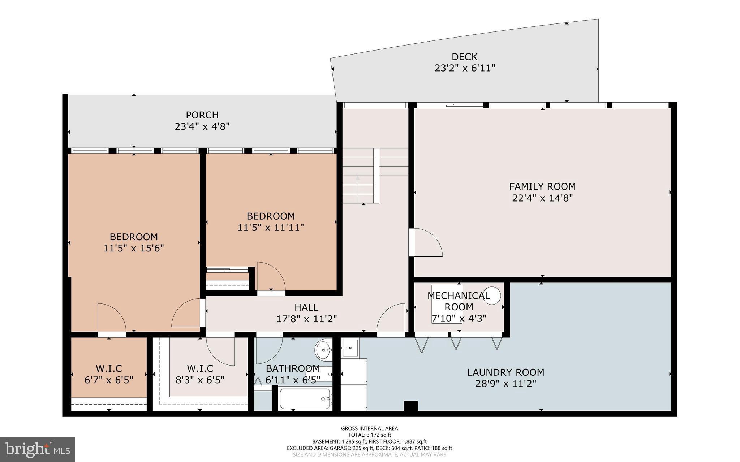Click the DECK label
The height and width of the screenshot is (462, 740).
click(464, 57)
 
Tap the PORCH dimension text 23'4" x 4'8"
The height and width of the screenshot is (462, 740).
click(202, 126)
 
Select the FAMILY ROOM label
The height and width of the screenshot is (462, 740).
click(542, 186)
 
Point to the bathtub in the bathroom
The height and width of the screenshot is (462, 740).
click(305, 399)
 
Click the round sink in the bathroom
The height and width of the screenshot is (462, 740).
click(323, 349)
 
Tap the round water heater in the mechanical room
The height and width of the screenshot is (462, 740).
click(492, 295)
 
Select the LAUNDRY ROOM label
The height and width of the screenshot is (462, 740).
click(505, 372)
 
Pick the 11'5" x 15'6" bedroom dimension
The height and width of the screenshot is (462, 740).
click(134, 248)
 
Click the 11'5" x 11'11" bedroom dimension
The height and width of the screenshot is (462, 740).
click(270, 228)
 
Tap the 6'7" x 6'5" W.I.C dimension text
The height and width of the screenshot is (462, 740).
click(109, 380)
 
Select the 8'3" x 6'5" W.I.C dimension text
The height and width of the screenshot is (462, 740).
click(200, 380)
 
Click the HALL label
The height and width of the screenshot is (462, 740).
click(306, 307)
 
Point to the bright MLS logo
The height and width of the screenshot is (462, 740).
click(38, 449)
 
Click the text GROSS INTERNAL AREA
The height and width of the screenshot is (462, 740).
click(369, 428)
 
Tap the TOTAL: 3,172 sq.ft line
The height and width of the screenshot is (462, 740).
click(369, 435)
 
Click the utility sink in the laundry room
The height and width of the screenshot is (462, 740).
click(350, 348)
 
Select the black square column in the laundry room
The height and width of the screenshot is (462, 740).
click(410, 406)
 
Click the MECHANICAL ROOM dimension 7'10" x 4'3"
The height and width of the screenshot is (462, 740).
click(459, 319)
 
